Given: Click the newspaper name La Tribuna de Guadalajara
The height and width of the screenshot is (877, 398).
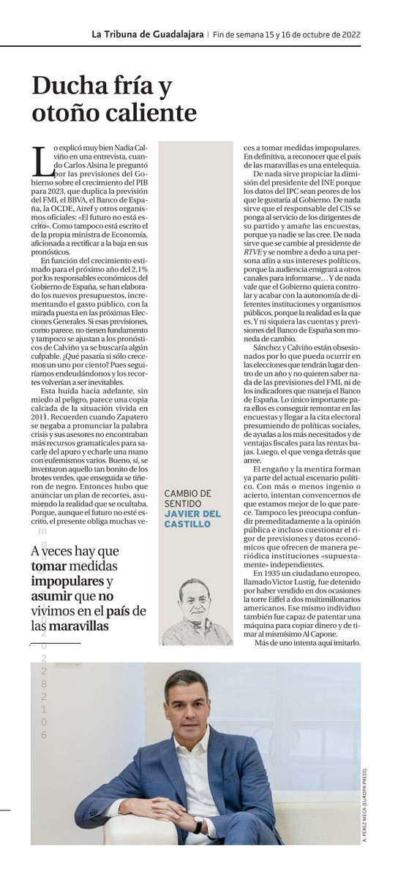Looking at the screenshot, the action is (x=147, y=34).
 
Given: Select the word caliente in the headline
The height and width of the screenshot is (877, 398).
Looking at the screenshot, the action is (x=152, y=113).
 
